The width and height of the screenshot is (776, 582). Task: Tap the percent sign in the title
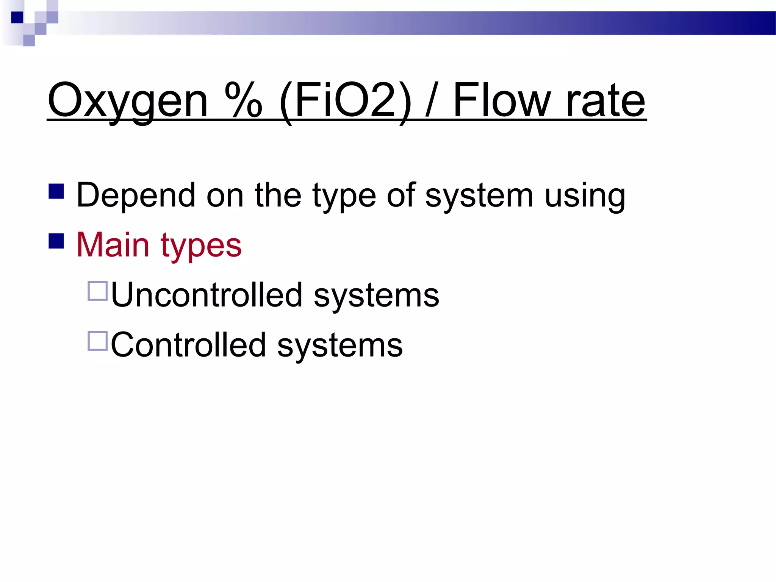coord(243,100)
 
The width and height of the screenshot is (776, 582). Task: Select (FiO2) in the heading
coord(345,101)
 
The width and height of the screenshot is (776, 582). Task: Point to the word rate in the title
coord(605,101)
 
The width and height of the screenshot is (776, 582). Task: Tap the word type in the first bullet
coord(344,196)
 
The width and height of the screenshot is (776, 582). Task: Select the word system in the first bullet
coord(479,196)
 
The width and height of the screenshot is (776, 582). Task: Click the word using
coord(585,196)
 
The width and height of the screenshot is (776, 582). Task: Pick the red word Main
coord(113,245)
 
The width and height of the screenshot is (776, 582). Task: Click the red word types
coord(201,246)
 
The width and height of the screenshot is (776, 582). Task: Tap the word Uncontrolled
coord(207,295)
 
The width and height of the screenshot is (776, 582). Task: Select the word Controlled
coord(188,345)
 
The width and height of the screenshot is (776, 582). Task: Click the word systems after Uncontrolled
coord(376,296)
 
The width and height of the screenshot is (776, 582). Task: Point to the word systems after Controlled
coord(340,346)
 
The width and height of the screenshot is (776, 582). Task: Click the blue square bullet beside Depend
coord(56,191)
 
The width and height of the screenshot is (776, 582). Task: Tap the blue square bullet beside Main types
coord(56,241)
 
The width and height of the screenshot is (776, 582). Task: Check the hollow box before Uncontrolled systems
coord(98,291)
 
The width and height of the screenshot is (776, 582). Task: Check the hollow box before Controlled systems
coord(98,341)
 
